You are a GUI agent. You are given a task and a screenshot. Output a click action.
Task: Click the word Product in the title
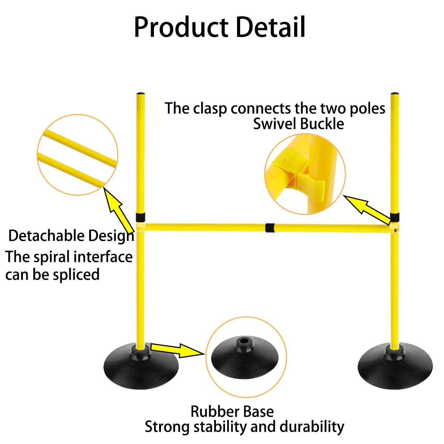(x=181, y=27)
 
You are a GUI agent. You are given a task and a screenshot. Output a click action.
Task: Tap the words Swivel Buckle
(x=299, y=124)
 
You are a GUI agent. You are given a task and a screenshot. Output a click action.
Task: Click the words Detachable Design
(x=71, y=236)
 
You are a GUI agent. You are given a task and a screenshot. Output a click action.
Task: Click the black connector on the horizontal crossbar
(x=270, y=228)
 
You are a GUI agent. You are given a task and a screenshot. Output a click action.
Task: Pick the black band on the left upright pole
(x=140, y=217)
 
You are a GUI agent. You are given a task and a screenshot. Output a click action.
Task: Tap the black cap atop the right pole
(x=395, y=94)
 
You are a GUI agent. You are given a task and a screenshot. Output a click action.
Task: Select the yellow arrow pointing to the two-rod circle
(x=118, y=210)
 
